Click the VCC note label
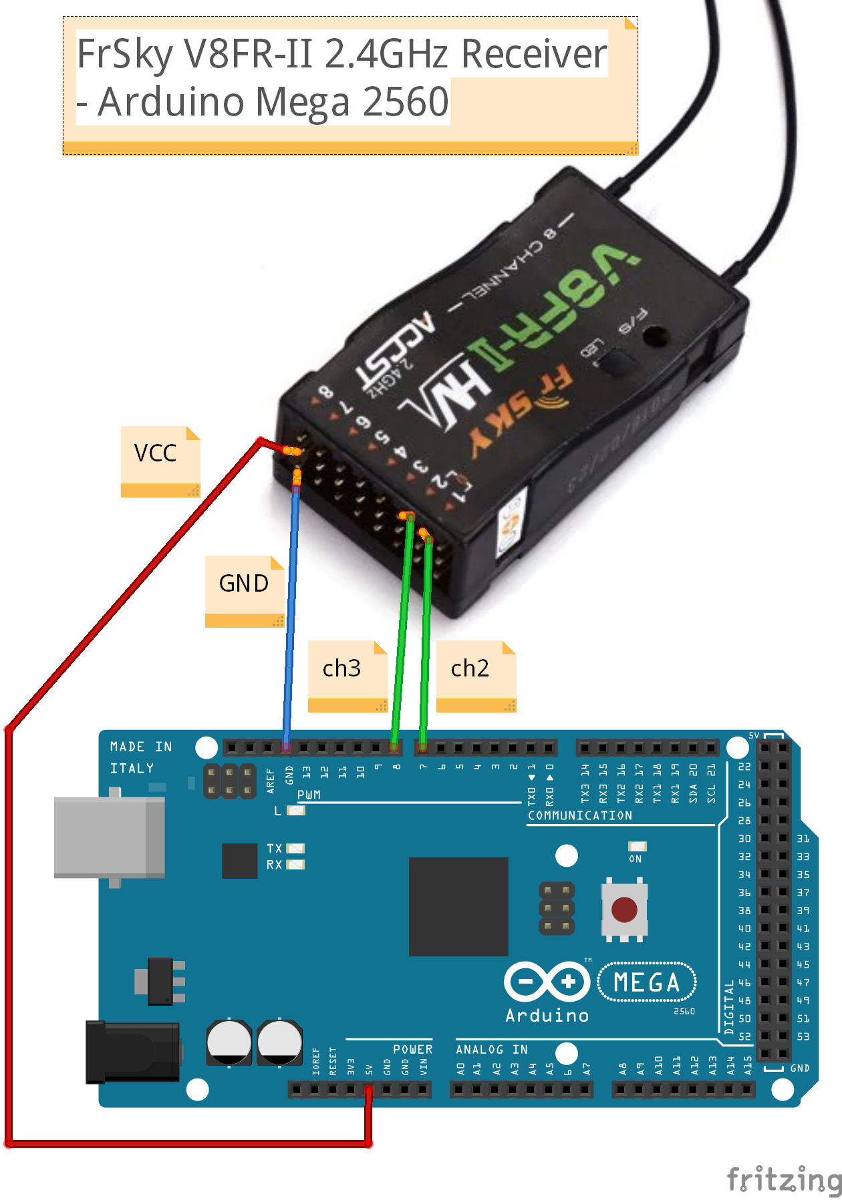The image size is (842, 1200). (x=156, y=453)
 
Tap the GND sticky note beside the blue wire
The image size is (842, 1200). (x=244, y=584)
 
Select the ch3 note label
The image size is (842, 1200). (x=341, y=668)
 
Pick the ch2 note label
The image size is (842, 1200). (x=470, y=668)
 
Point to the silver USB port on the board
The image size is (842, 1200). (x=107, y=837)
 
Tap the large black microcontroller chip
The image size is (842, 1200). (x=458, y=906)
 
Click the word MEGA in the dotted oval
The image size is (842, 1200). (x=646, y=983)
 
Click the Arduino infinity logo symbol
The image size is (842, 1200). (x=547, y=982)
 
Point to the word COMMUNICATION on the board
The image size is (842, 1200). (x=579, y=816)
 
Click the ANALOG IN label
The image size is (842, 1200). (x=492, y=1050)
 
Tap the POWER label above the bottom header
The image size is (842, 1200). (x=412, y=1050)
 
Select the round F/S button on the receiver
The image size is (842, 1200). (x=656, y=337)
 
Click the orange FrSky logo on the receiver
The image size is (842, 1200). (x=521, y=411)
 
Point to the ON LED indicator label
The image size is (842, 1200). (x=635, y=859)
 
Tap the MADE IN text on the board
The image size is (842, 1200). (x=140, y=747)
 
